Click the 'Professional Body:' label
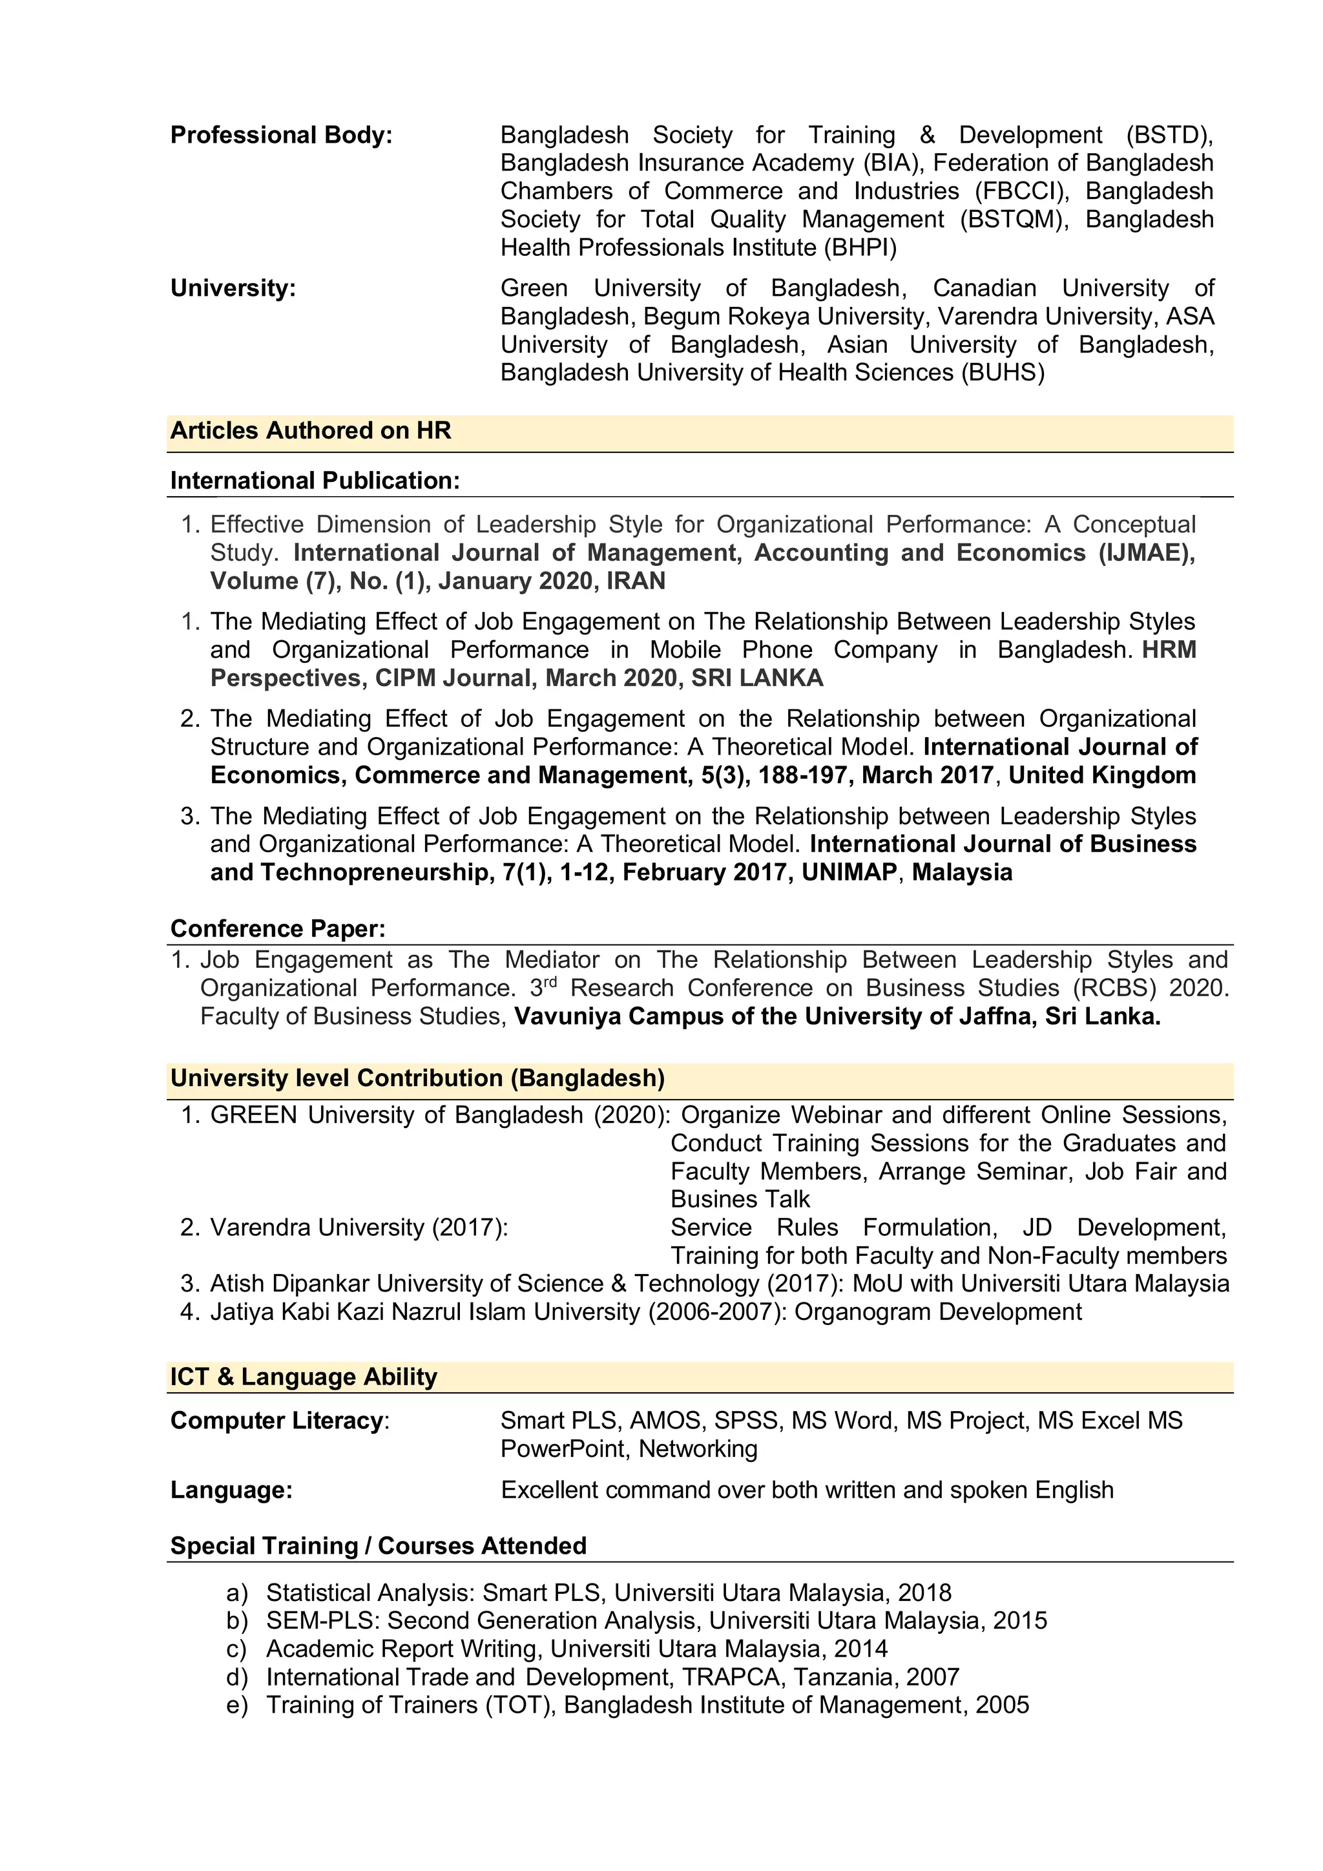281,135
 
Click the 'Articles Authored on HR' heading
310,430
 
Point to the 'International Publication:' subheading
315,481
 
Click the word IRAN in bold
636,581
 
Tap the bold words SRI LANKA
757,678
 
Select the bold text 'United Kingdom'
1102,775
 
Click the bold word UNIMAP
849,873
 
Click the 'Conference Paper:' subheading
278,929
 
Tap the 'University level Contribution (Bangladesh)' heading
417,1078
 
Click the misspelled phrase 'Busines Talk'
740,1200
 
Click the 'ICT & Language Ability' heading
303,1377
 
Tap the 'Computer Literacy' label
276,1421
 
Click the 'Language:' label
231,1490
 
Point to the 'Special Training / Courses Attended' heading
378,1546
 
